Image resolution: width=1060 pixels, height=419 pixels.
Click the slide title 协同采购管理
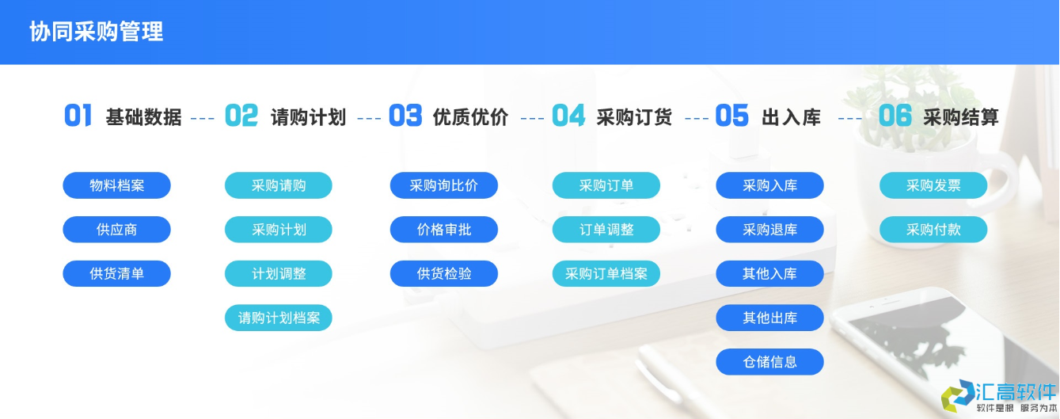tap(97, 32)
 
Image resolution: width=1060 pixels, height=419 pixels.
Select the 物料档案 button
tap(116, 185)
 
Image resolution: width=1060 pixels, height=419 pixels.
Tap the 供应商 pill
tap(116, 230)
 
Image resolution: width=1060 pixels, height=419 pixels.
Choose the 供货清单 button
tap(116, 274)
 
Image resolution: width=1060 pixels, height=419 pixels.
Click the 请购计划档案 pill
tap(279, 318)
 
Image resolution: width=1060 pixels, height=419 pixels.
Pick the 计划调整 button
tap(279, 274)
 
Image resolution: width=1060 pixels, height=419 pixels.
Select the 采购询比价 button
tap(443, 185)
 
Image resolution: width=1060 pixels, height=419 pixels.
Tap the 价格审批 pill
tap(443, 230)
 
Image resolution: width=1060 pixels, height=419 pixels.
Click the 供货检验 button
tap(443, 274)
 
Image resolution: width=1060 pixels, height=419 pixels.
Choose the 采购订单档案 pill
tap(606, 274)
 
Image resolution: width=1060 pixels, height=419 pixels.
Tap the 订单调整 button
tap(606, 230)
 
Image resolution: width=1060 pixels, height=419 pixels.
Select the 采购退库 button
tap(769, 230)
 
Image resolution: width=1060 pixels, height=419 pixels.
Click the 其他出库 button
tap(769, 318)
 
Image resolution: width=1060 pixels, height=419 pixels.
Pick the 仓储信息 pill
tap(769, 362)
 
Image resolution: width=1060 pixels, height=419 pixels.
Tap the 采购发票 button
tap(933, 185)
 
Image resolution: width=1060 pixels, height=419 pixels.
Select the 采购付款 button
tap(933, 230)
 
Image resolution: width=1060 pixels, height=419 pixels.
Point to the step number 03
tap(405, 116)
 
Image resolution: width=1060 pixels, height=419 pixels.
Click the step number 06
tap(895, 116)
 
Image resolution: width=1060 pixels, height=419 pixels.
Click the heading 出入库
tap(791, 117)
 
